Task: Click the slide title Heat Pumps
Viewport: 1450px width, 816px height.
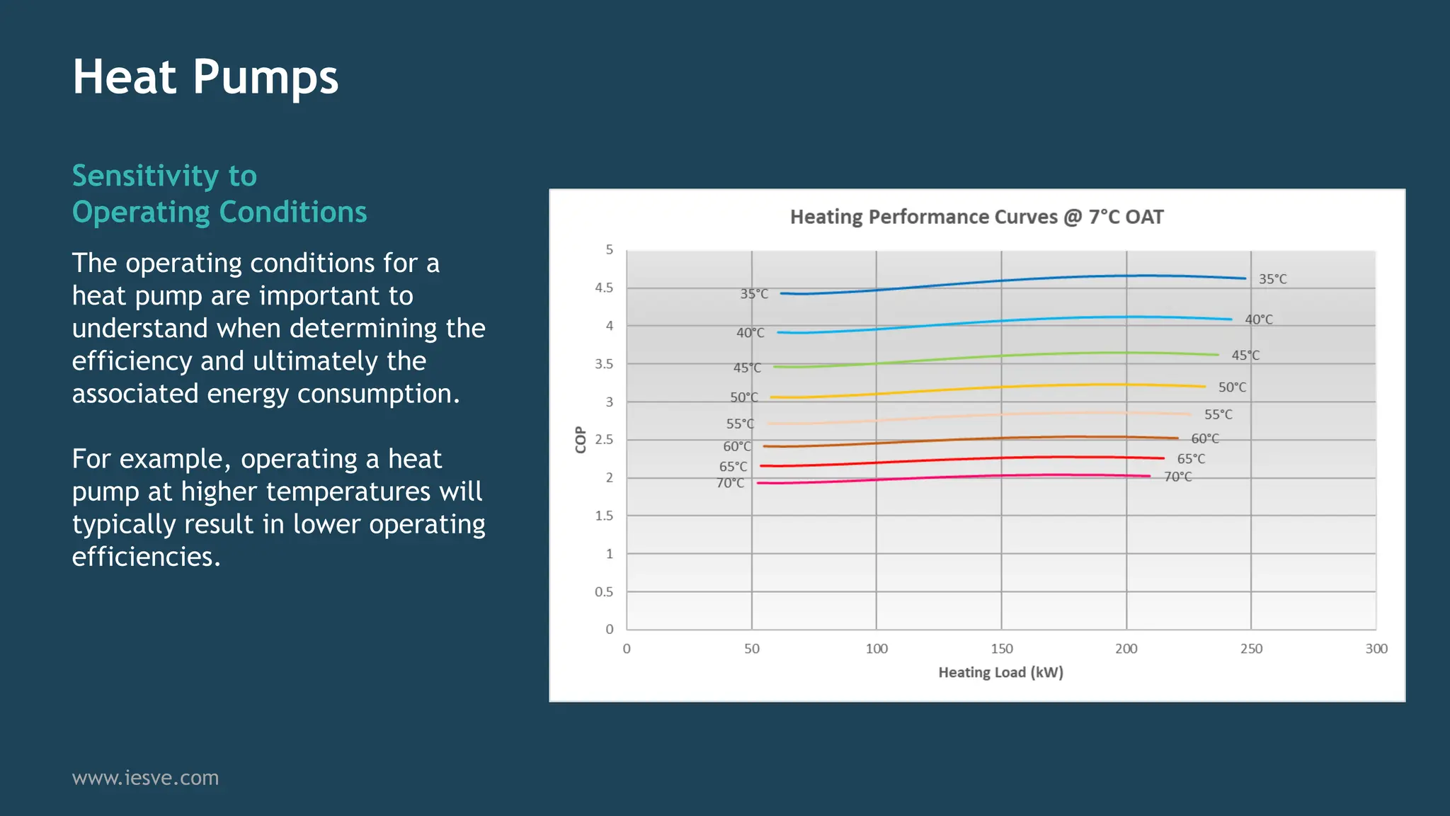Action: (x=205, y=77)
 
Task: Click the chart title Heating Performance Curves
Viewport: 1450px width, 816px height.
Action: (x=976, y=217)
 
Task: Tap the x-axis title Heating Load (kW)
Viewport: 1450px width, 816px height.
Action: (x=1000, y=672)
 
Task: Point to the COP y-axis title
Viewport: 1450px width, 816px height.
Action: (x=581, y=439)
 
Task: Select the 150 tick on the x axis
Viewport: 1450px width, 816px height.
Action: (x=1001, y=649)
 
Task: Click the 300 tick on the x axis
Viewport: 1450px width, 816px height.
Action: (x=1376, y=649)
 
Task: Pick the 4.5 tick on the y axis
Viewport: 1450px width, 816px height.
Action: (x=604, y=288)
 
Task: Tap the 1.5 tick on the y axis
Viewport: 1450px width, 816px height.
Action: (x=604, y=516)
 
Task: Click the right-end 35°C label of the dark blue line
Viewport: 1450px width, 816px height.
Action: (x=1272, y=279)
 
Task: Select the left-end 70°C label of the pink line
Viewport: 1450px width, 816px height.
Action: (x=730, y=483)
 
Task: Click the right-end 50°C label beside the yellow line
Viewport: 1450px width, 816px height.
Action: (x=1232, y=387)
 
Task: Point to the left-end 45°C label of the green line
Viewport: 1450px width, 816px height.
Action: (x=747, y=368)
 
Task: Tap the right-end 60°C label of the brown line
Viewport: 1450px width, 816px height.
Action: (x=1205, y=438)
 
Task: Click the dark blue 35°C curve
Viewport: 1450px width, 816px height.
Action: (x=1001, y=280)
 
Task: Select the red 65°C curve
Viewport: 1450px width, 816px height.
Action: (x=1001, y=458)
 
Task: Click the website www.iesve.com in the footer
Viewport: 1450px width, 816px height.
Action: (x=145, y=778)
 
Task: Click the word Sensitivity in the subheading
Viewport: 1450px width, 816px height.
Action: (x=145, y=176)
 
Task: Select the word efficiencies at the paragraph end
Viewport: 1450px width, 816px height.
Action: (x=146, y=557)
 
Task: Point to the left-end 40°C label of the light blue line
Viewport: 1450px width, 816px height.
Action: (x=750, y=333)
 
